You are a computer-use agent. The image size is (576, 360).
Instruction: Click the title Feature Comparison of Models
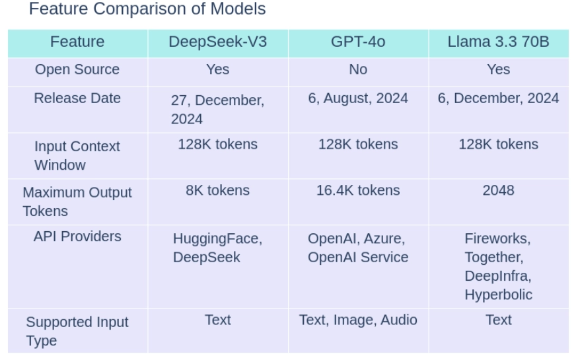point(147,9)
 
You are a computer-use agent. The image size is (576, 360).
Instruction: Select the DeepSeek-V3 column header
point(218,42)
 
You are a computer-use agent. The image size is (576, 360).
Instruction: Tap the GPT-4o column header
point(358,42)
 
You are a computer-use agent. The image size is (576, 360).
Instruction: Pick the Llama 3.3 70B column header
point(498,42)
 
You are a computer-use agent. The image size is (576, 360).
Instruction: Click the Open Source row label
point(77,69)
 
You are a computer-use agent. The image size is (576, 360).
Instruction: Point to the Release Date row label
point(77,98)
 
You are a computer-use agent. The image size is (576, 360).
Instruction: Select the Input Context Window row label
point(77,155)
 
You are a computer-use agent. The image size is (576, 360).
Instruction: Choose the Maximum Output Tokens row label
point(77,201)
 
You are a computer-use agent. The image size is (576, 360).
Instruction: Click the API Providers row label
point(77,236)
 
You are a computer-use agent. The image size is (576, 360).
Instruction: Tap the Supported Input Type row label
point(77,332)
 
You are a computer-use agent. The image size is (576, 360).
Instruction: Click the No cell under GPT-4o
point(358,69)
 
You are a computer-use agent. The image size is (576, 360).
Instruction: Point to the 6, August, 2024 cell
point(358,98)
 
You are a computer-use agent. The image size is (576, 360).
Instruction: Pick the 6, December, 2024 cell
point(498,98)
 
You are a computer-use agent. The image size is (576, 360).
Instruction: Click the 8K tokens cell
point(218,190)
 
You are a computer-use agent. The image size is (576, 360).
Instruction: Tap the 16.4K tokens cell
point(358,190)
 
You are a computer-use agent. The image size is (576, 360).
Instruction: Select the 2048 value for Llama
point(498,190)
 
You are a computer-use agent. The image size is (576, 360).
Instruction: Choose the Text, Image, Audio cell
point(358,320)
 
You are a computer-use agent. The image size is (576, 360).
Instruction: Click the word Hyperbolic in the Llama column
point(498,294)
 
